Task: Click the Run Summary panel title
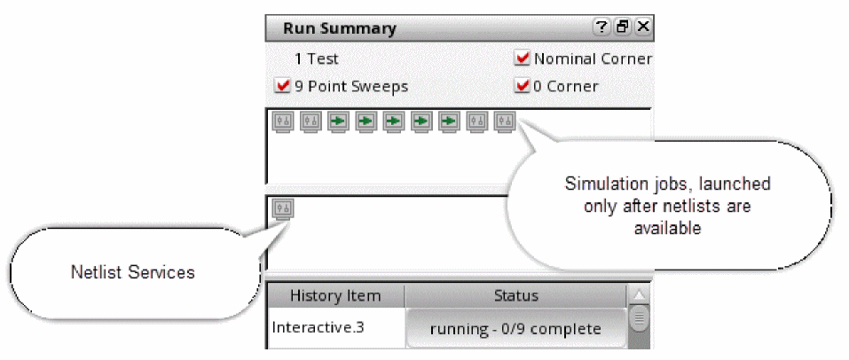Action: (x=339, y=27)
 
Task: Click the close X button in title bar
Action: (x=643, y=27)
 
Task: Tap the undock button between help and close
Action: (x=623, y=27)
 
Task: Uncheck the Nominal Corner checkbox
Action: (x=523, y=59)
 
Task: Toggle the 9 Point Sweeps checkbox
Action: (x=283, y=86)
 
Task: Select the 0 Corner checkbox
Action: (x=523, y=86)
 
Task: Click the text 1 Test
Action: (x=317, y=59)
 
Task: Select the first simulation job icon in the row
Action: (x=282, y=121)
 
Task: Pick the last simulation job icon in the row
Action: (x=504, y=121)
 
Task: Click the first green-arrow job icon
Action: (x=338, y=121)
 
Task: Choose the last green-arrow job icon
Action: (x=449, y=121)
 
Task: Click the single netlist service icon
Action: (x=282, y=209)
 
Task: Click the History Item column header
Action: (x=335, y=295)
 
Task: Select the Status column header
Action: (x=515, y=295)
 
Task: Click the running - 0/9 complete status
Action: (x=515, y=328)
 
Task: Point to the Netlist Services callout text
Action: (x=132, y=272)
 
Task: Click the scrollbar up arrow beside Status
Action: (x=640, y=295)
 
